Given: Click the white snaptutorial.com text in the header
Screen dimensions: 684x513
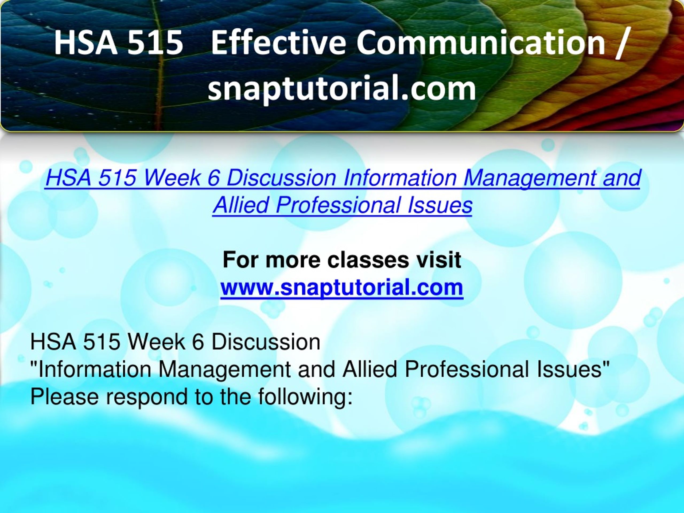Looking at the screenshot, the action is click(x=342, y=88).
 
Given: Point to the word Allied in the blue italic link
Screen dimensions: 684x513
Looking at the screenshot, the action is click(x=240, y=205).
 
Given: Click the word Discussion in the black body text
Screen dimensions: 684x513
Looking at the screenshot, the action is click(x=266, y=342).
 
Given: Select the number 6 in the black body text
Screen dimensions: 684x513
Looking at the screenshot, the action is click(x=198, y=342).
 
